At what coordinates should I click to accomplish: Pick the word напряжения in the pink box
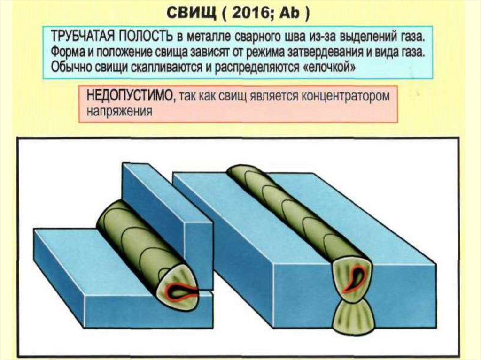tap(119, 112)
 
